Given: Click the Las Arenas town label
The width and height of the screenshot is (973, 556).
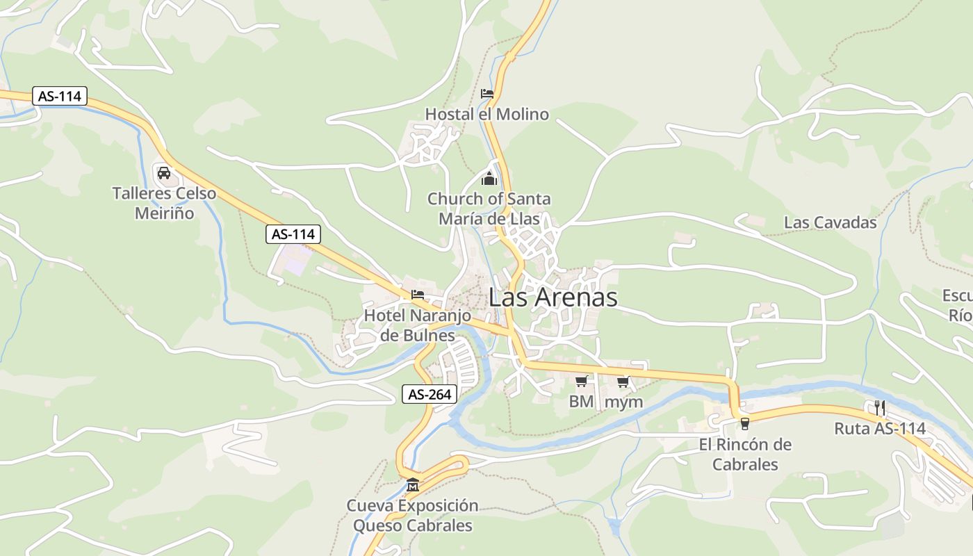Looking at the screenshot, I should [553, 297].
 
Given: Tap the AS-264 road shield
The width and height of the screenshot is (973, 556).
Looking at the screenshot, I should [430, 395].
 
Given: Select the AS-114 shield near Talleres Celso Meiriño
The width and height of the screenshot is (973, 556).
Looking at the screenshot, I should [60, 96].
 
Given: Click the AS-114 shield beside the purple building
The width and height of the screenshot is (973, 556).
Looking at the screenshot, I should [293, 234].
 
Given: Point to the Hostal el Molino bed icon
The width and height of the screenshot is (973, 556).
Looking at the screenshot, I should [486, 93].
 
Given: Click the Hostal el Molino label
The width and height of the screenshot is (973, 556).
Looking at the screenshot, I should [486, 114].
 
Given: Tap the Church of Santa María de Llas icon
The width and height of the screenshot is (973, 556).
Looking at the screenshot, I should [489, 179].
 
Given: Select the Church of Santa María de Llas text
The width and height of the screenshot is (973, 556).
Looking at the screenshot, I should [489, 208].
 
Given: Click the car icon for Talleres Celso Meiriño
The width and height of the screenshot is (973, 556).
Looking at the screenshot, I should [164, 172].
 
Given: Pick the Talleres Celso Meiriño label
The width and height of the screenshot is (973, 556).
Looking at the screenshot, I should [164, 203].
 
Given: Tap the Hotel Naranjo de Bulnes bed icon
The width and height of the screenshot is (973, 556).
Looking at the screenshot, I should [418, 295].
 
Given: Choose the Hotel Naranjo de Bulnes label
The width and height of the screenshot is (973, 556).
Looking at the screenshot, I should [418, 325].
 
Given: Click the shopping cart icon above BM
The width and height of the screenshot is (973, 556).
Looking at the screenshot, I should [582, 381].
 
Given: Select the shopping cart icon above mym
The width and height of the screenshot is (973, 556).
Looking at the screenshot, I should [623, 381].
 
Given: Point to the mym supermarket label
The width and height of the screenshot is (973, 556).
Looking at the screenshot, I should [624, 402].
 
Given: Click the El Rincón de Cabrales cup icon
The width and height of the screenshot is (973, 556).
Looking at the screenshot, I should [745, 423].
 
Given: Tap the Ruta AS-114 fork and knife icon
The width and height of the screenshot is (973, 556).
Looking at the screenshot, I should [880, 407].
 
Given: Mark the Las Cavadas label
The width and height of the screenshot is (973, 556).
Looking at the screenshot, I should [830, 222].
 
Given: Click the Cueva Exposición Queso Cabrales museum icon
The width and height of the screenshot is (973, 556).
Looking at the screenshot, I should [413, 484].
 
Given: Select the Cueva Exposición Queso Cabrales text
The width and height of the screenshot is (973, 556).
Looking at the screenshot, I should [413, 515].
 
